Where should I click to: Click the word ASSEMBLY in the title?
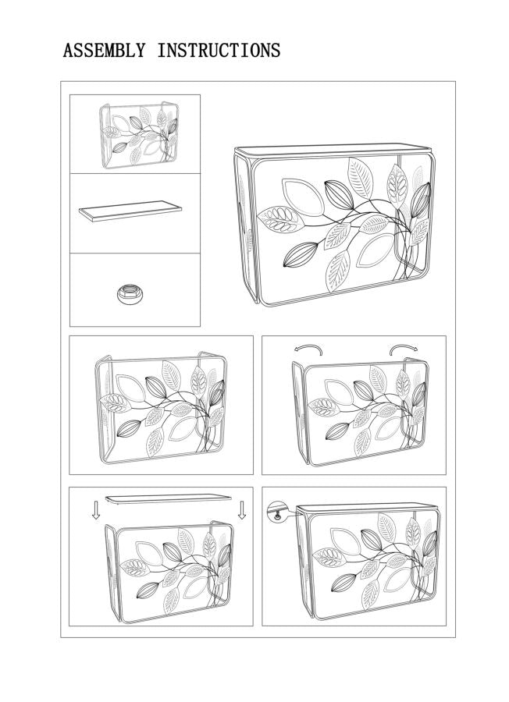pos(104,51)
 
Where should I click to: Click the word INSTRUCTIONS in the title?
pos(219,51)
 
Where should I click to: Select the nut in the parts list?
pos(126,294)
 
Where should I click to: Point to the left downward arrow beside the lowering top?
pos(96,510)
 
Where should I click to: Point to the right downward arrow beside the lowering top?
pos(242,510)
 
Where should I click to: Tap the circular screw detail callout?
pos(277,512)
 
